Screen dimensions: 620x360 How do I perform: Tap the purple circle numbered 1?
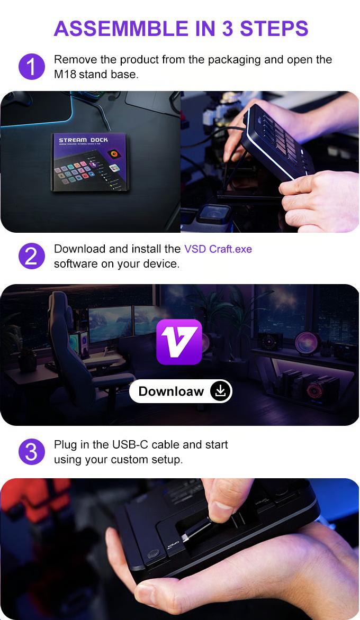[31, 67]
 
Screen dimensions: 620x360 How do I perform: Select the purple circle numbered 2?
[31, 256]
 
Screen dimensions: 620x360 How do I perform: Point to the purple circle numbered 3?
[31, 452]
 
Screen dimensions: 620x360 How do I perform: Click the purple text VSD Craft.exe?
[218, 249]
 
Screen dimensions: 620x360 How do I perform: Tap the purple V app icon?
[179, 342]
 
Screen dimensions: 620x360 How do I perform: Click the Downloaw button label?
[171, 391]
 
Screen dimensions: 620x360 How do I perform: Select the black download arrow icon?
[221, 391]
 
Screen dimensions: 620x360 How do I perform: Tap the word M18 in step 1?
[65, 75]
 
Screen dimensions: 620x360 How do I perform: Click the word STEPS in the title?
[274, 29]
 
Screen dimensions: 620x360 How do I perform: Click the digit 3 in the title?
[228, 29]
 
